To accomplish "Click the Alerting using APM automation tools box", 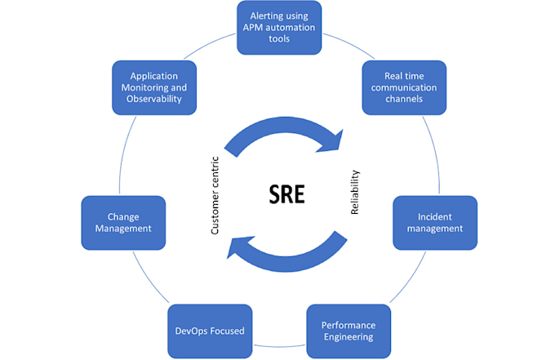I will pos(279,28).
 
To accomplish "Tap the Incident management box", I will pos(435,222).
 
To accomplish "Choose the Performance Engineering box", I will pos(348,331).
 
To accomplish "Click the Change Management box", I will pos(123,222).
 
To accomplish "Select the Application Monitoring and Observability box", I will pos(153,86).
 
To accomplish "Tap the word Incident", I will pos(435,216).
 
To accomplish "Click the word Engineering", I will pos(347,336).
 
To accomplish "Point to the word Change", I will pos(123,216).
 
